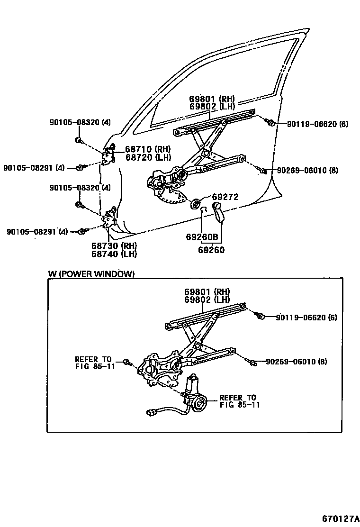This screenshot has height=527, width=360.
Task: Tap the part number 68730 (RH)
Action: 114,246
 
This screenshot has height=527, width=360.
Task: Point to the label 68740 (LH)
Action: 114,254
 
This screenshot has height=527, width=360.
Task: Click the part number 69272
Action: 225,197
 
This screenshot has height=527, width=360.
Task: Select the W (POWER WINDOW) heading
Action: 91,274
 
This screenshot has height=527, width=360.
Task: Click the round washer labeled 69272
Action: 195,204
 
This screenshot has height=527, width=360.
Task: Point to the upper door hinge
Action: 110,155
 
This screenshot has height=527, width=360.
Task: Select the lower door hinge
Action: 110,219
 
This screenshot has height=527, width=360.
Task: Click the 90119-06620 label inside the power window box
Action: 306,317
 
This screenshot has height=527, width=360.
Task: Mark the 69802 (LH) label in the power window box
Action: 207,300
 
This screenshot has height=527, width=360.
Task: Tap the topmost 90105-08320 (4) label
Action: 80,122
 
